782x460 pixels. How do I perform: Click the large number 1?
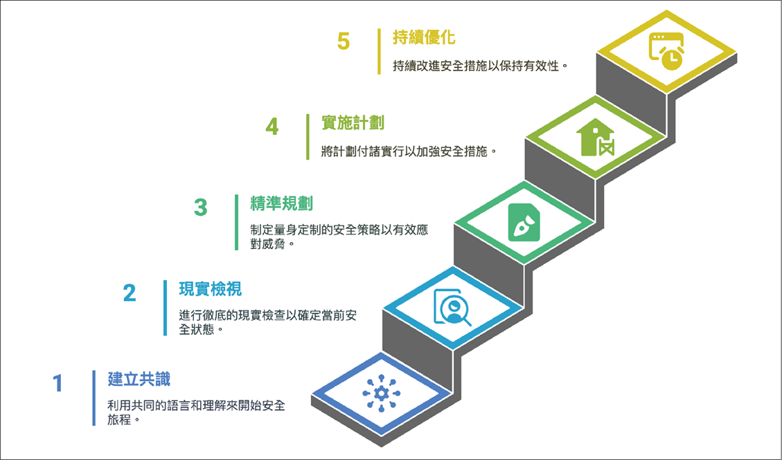pyautogui.click(x=58, y=383)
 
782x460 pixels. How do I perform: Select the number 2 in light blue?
pyautogui.click(x=129, y=293)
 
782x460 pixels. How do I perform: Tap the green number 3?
pyautogui.click(x=200, y=207)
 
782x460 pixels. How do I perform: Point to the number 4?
pyautogui.click(x=272, y=127)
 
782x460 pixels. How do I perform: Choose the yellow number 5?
pyautogui.click(x=343, y=41)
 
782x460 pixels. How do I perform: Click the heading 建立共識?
pyautogui.click(x=139, y=379)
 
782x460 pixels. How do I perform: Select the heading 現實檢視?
pyautogui.click(x=210, y=288)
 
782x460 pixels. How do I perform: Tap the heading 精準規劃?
pyautogui.click(x=281, y=203)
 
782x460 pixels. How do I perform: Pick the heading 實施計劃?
pyautogui.click(x=353, y=122)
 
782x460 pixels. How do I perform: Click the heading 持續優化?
pyautogui.click(x=424, y=37)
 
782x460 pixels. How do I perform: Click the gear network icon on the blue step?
pyautogui.click(x=382, y=394)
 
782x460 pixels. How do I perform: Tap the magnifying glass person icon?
pyautogui.click(x=452, y=308)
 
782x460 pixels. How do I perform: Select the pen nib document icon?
pyautogui.click(x=524, y=222)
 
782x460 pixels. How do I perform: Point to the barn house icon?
pyautogui.click(x=595, y=137)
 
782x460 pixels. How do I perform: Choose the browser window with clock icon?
pyautogui.click(x=666, y=50)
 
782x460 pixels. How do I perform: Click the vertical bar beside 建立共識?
pyautogui.click(x=94, y=398)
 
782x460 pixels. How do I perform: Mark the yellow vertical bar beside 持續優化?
pyautogui.click(x=379, y=51)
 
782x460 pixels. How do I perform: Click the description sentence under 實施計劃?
pyautogui.click(x=409, y=151)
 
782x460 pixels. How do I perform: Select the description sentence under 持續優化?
pyautogui.click(x=480, y=66)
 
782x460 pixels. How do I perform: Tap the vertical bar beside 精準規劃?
pyautogui.click(x=236, y=222)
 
